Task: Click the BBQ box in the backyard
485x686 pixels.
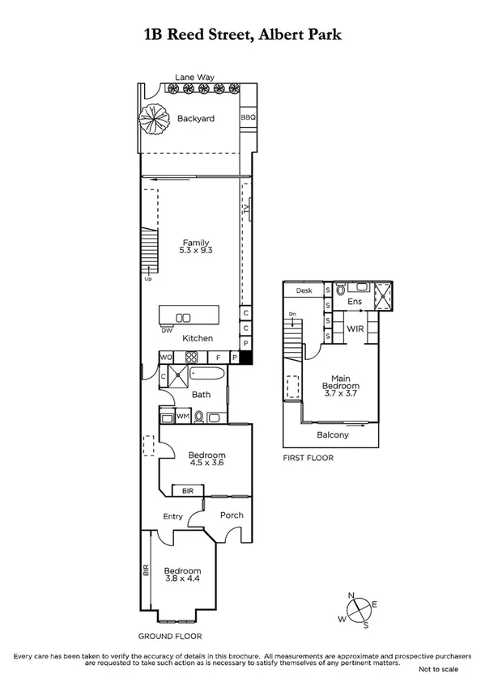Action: tap(248, 118)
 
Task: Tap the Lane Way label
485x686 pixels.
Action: tap(194, 77)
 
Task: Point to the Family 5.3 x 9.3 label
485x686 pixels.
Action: tap(195, 247)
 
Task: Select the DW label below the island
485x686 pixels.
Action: tap(166, 330)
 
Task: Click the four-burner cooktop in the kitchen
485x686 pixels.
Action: tap(192, 357)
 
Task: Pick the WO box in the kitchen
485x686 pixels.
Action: tap(164, 357)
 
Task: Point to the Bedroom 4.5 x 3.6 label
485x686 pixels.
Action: tap(206, 459)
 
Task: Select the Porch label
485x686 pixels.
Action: tap(231, 515)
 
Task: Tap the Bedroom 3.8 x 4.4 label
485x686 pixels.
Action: tap(182, 575)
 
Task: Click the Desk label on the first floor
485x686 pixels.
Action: tap(304, 290)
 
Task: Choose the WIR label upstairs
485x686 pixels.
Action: tap(355, 329)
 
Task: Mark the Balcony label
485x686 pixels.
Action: tap(332, 434)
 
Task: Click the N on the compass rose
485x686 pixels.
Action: tap(352, 595)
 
